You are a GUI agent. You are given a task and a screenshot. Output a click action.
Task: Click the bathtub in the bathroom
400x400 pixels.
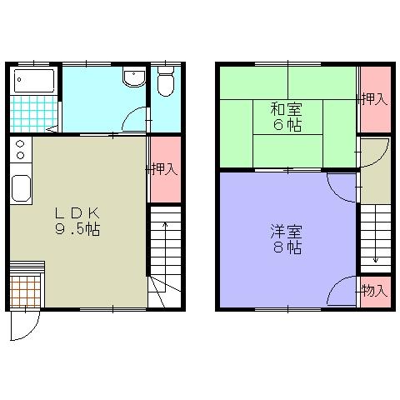(x=33, y=82)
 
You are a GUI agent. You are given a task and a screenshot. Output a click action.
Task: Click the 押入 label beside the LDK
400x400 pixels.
(x=164, y=169)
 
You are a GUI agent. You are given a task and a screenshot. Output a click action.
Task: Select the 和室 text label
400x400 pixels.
(x=286, y=108)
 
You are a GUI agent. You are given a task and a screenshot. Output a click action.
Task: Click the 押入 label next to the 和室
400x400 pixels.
(x=375, y=98)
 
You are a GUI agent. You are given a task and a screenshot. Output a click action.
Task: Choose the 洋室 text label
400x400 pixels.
(x=286, y=231)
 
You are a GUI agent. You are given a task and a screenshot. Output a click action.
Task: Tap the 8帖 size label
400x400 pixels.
(x=286, y=247)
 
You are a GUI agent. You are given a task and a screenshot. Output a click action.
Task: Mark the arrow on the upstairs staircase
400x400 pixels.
(x=375, y=242)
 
